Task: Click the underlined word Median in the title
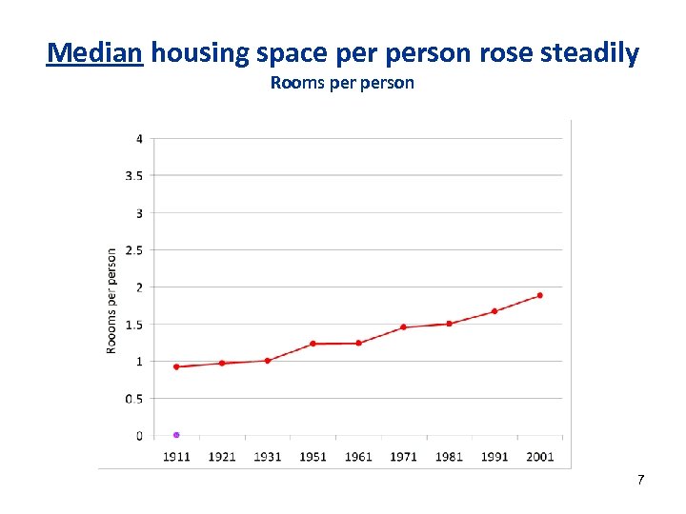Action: coord(95,52)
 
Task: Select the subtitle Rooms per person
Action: coord(342,83)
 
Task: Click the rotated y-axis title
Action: coord(111,301)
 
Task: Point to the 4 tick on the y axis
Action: coord(139,139)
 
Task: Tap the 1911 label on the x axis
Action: coord(176,457)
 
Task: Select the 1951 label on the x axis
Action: coord(313,457)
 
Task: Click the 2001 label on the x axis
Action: coord(539,457)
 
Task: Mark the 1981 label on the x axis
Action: coord(449,457)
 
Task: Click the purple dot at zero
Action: coord(176,435)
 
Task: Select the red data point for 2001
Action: coord(539,295)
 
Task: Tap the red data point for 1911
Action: coord(176,366)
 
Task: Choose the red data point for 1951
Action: coord(313,344)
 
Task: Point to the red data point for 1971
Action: coord(403,326)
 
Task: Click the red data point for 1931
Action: coord(268,361)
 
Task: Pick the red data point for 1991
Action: coord(494,311)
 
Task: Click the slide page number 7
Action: coord(640,480)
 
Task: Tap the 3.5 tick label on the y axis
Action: coord(134,176)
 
